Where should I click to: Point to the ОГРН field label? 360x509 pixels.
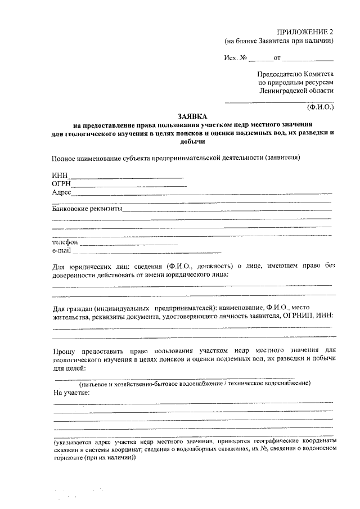[61, 183]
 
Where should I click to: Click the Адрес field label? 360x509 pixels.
[61, 192]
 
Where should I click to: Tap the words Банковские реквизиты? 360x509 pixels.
[87, 208]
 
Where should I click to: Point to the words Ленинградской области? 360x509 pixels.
[297, 90]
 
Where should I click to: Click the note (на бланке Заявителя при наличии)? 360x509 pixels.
[280, 40]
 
